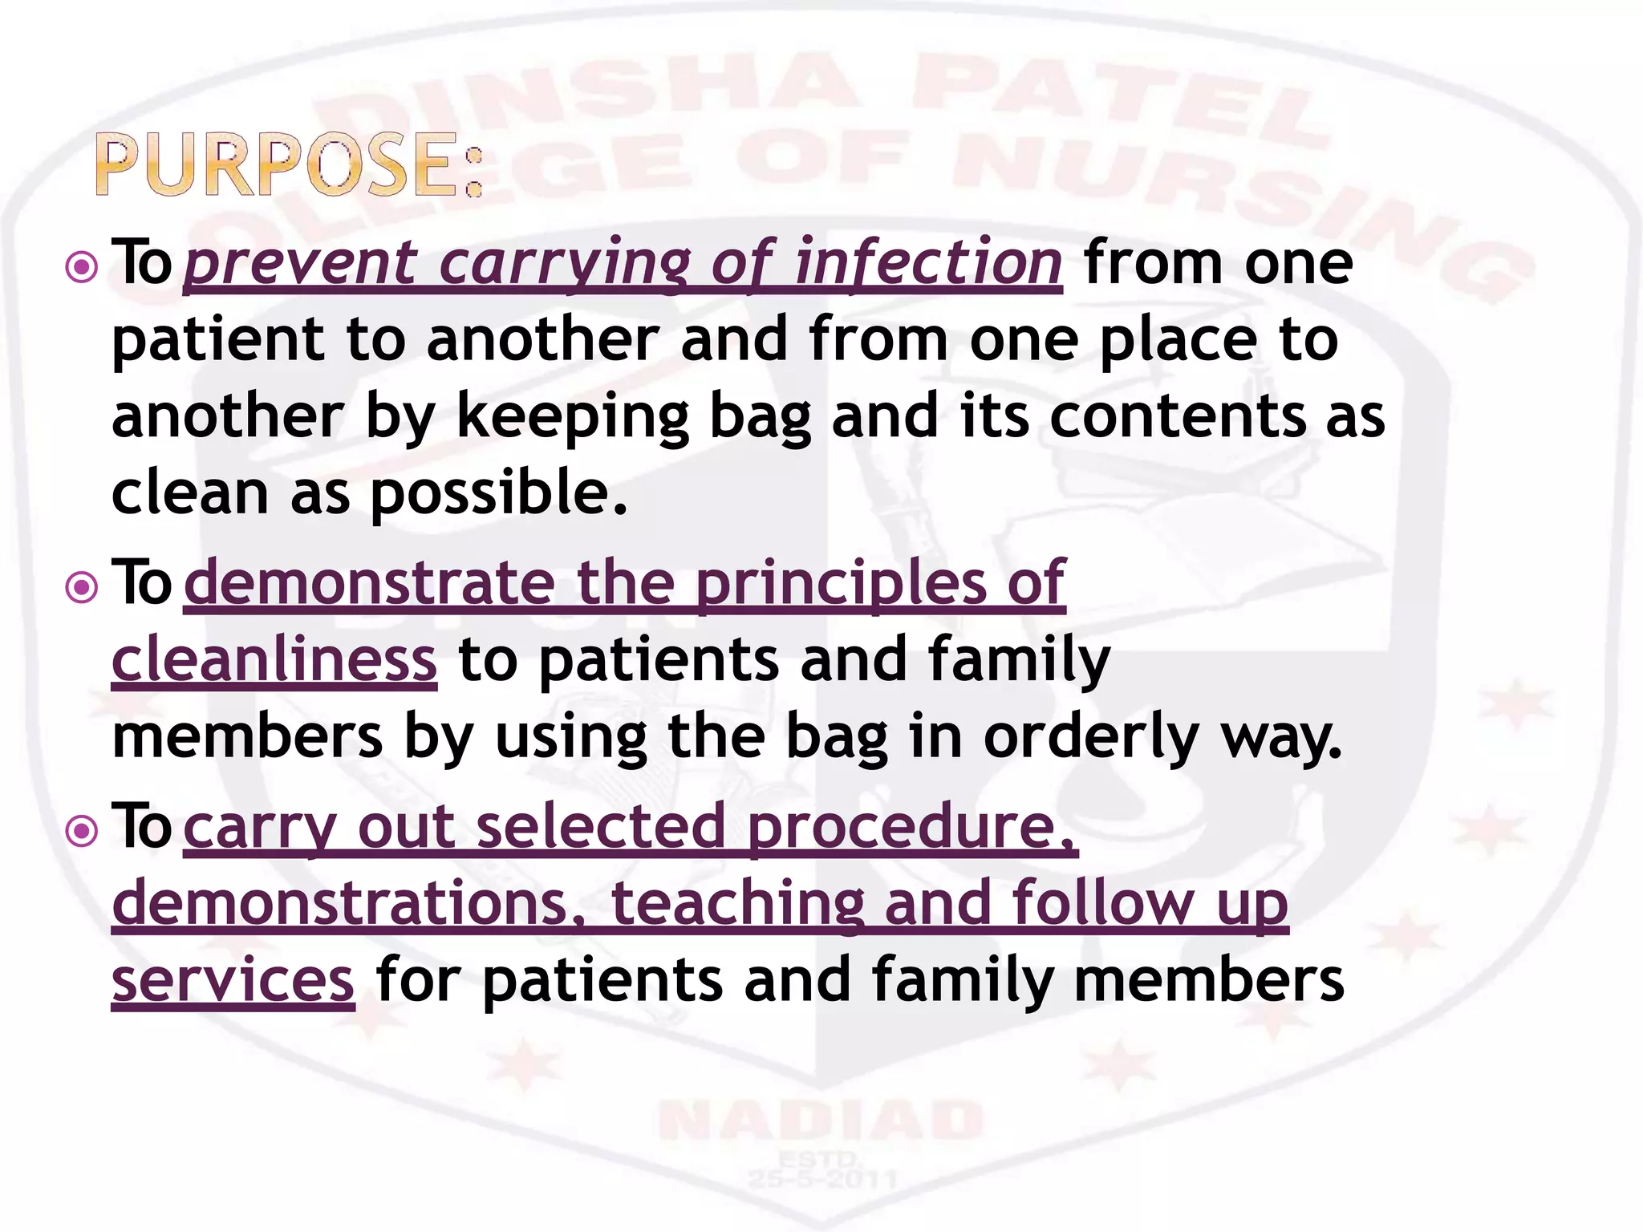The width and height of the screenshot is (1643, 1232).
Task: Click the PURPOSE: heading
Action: (289, 166)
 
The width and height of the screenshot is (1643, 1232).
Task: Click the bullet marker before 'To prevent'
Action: (81, 268)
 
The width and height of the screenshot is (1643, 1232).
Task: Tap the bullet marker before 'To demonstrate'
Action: (81, 588)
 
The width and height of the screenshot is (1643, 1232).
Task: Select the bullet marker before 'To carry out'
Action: (81, 832)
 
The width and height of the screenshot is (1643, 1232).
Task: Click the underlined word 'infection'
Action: (928, 263)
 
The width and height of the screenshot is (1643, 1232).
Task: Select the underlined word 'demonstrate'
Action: (370, 583)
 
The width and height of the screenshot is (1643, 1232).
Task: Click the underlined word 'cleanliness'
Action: (274, 659)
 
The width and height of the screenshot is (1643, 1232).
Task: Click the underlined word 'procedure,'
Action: (912, 827)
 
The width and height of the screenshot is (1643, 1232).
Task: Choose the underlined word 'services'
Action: (233, 981)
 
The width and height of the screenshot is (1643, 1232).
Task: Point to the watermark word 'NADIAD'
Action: (821, 1121)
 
